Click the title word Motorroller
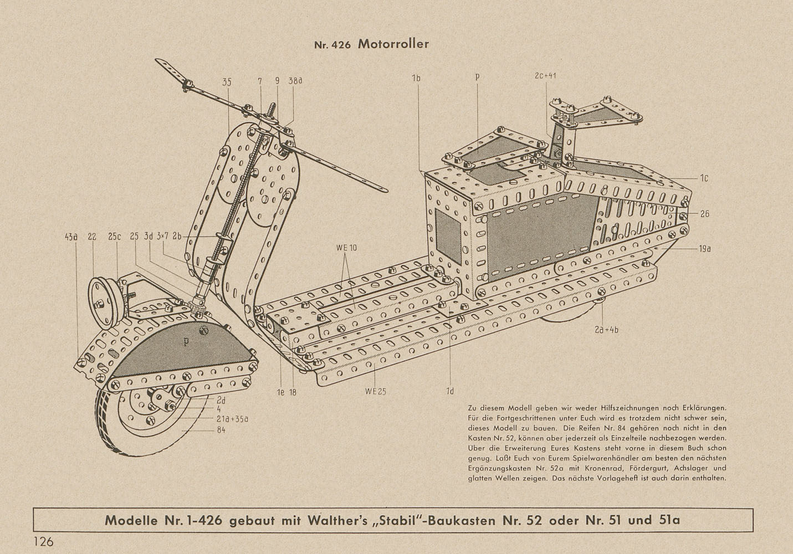393,44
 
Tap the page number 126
44,542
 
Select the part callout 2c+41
545,75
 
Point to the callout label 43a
71,237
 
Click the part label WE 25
375,392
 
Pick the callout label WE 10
346,248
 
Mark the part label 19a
704,249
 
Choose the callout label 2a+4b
606,330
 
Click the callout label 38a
295,81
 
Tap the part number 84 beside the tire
221,430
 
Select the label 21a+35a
232,419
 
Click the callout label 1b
416,78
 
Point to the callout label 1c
704,178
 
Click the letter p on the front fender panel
186,342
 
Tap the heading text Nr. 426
332,45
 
